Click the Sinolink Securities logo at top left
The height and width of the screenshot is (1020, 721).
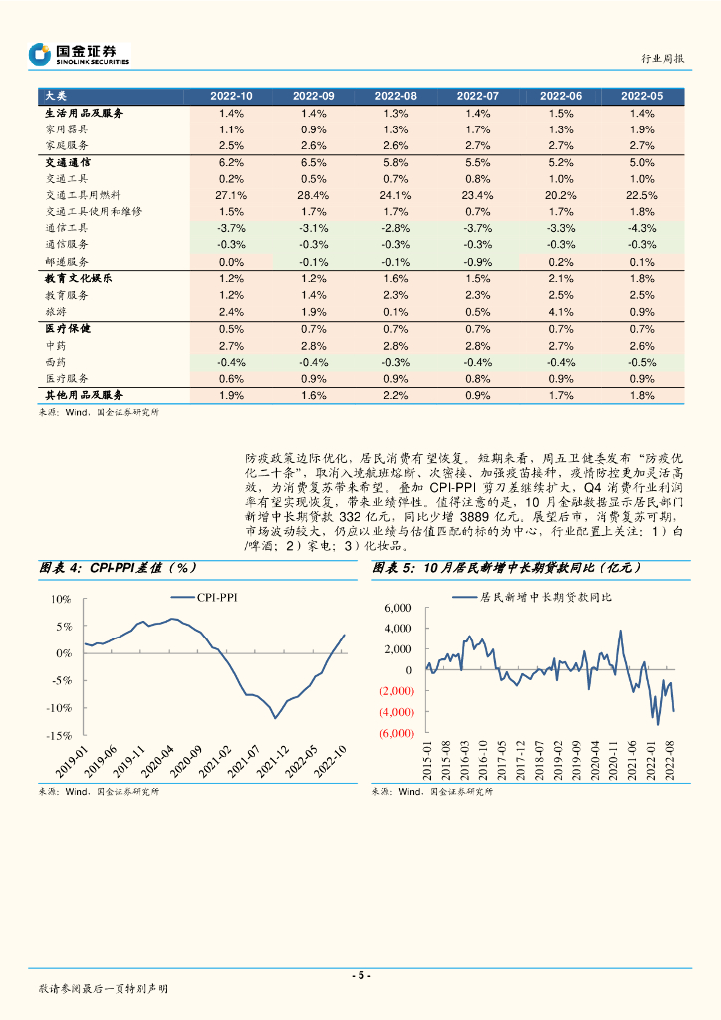click(x=80, y=54)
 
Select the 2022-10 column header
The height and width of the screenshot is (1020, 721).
click(x=231, y=96)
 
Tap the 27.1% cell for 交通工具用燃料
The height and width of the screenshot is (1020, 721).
click(x=231, y=195)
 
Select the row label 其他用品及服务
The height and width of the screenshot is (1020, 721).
click(x=84, y=395)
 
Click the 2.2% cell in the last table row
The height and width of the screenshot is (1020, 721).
click(x=395, y=395)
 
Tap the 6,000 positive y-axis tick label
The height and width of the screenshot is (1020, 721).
click(x=397, y=608)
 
